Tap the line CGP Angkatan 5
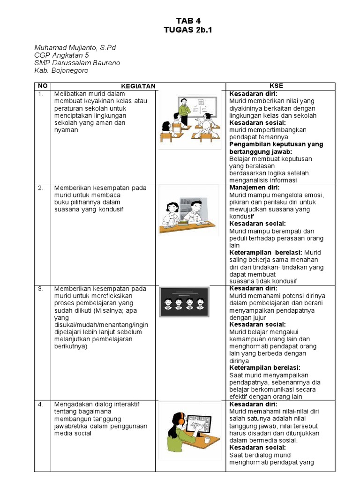pos(61,55)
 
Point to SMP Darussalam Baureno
pos(77,63)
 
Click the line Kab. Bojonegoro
pos(61,70)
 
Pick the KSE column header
pos(276,86)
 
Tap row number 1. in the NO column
pos(41,94)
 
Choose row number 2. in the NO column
pos(41,188)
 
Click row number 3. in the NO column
pos(41,289)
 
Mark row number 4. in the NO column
pos(41,404)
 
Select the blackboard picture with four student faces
pos(184,302)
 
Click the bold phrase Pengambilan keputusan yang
pos(276,144)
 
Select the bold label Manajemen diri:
pos(254,187)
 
